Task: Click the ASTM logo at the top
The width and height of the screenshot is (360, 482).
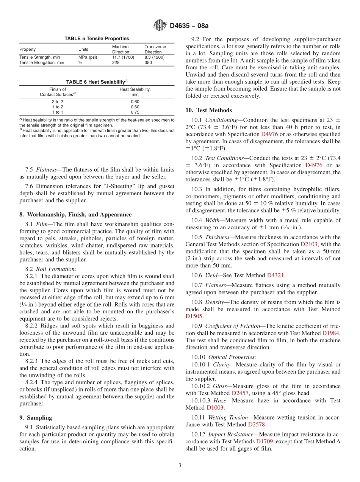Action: (x=160, y=25)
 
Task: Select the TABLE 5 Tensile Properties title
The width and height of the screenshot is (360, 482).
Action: (x=97, y=38)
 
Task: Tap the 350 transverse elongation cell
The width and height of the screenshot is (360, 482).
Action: (x=148, y=63)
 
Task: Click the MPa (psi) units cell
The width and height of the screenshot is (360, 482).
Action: (x=88, y=57)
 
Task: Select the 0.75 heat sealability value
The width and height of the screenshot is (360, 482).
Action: (x=135, y=112)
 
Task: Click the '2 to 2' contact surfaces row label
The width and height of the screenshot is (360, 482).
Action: (x=57, y=102)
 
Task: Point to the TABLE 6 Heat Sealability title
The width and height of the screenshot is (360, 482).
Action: (x=97, y=82)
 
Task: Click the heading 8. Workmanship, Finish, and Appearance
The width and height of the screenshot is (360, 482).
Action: (x=75, y=214)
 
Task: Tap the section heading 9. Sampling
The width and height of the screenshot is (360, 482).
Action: (x=36, y=418)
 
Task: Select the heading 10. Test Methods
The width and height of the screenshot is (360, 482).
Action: (x=208, y=110)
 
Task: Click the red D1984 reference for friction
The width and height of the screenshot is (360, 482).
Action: (x=330, y=333)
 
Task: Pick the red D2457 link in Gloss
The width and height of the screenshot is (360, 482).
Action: (x=240, y=393)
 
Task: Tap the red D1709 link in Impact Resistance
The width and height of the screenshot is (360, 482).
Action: (x=264, y=441)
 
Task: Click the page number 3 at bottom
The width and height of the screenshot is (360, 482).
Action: (x=180, y=465)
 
